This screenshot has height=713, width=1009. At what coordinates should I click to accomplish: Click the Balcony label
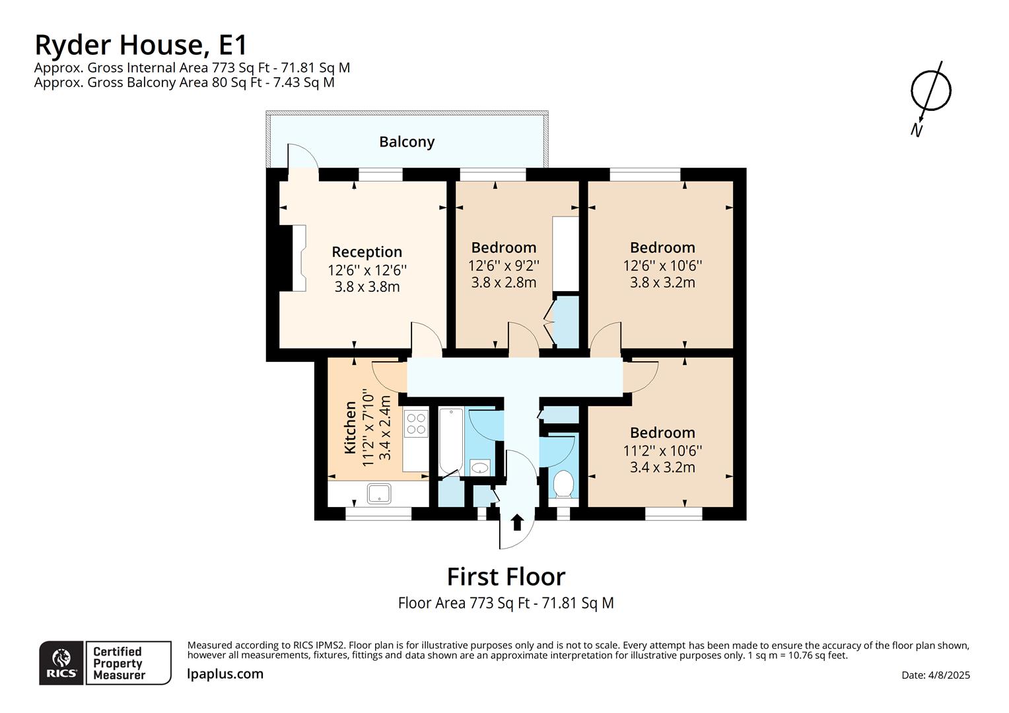point(407,142)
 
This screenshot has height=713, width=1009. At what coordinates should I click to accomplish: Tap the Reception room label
point(366,252)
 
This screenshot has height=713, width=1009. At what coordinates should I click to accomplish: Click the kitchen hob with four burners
point(416,423)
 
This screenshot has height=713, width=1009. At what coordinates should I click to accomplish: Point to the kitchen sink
point(378,493)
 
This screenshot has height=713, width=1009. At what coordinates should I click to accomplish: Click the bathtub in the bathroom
point(451,440)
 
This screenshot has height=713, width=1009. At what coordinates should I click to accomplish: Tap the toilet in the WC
point(563,484)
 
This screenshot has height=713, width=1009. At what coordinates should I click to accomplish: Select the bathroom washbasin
point(480,468)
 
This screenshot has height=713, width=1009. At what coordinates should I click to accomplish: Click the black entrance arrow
point(517,522)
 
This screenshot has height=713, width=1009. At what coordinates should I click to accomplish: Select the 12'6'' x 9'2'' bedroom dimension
point(504,265)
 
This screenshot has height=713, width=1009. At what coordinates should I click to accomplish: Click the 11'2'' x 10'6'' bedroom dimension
point(662,450)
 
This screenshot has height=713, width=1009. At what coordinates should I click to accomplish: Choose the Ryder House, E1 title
point(141,45)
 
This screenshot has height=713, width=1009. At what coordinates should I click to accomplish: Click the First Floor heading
point(506,577)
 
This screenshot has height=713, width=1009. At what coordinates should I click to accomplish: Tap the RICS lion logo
point(61,662)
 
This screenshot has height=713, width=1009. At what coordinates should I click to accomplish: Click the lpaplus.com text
point(225,674)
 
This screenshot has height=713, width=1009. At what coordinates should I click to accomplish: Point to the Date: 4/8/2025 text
point(935,675)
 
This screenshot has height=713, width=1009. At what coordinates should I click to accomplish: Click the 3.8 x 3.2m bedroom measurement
point(662,283)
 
